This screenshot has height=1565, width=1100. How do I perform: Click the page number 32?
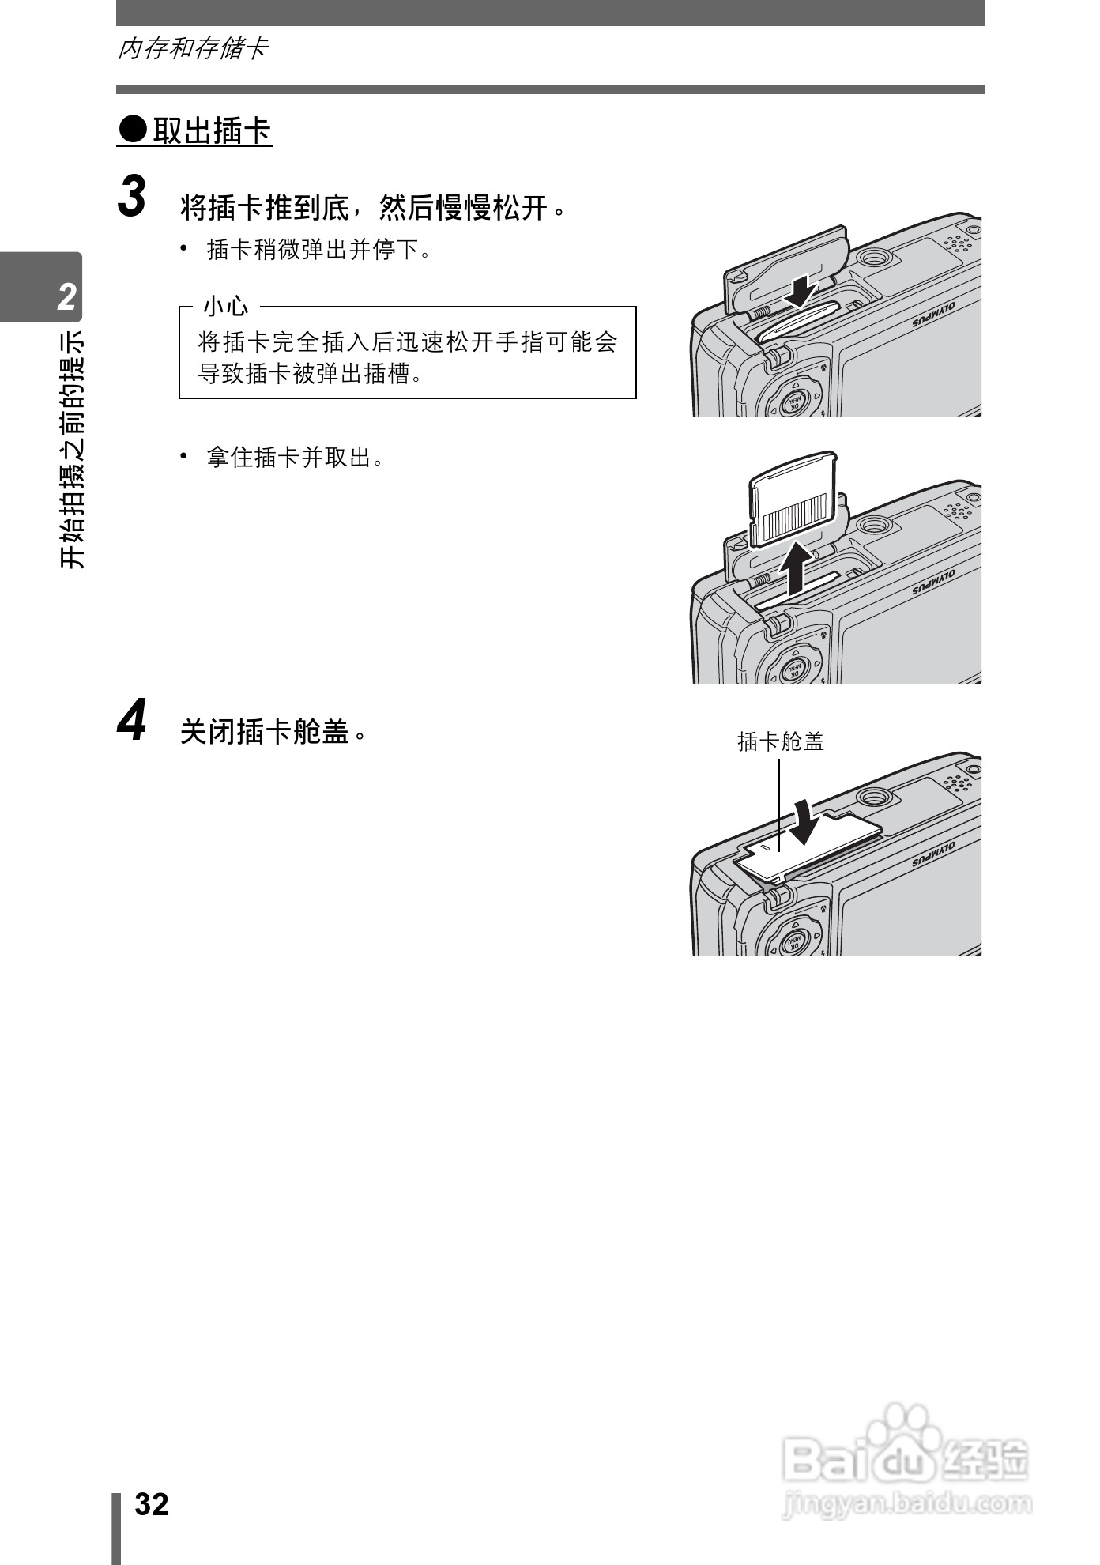tap(152, 1504)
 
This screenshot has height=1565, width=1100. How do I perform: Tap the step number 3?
tap(133, 197)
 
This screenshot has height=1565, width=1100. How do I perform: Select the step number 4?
tap(132, 721)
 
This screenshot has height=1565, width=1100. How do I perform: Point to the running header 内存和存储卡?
tap(193, 49)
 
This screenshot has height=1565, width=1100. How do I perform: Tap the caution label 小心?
tap(225, 306)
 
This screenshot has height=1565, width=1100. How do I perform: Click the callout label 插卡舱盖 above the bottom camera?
tap(780, 741)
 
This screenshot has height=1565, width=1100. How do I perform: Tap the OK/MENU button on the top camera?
tap(793, 403)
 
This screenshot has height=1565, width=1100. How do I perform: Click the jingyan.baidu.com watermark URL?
tap(906, 1503)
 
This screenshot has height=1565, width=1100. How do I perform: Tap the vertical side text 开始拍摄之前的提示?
tap(72, 449)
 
